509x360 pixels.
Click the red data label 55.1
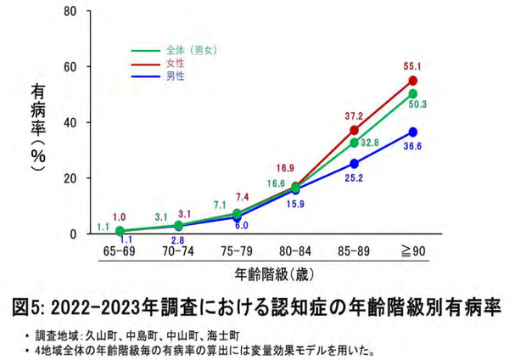(x=412, y=65)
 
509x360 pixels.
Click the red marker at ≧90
(x=413, y=81)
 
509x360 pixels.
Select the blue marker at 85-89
(x=354, y=163)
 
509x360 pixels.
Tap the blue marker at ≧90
(x=413, y=132)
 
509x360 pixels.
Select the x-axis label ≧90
(x=413, y=252)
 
